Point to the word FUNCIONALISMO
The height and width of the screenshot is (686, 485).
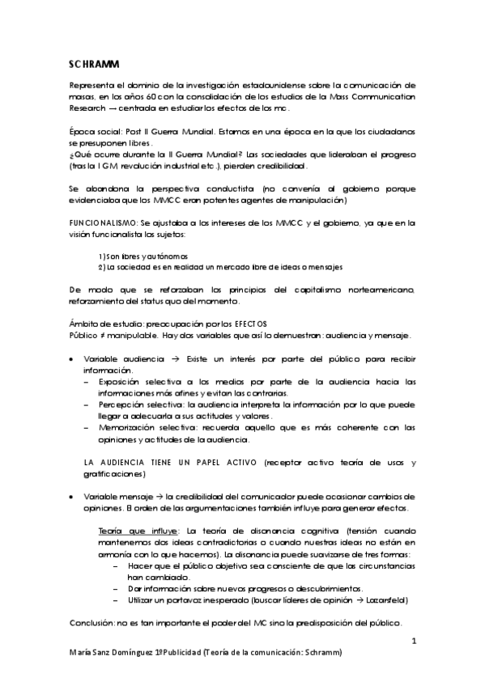pyautogui.click(x=100, y=222)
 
